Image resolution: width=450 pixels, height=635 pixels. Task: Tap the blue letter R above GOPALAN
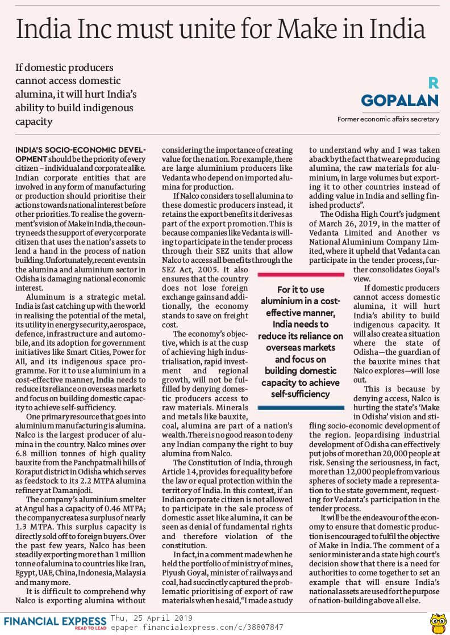(433, 83)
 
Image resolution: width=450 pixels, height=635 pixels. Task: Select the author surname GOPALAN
(400, 100)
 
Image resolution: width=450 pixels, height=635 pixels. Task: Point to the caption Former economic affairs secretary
(388, 119)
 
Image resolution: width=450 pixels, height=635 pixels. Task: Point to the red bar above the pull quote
(301, 274)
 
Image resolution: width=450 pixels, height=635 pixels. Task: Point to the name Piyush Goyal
(186, 576)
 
